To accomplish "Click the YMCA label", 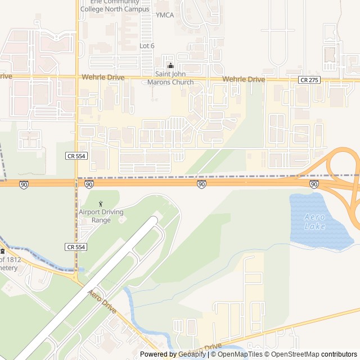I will click(x=165, y=15).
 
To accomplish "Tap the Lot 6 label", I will click(x=147, y=46).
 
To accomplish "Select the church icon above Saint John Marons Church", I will click(x=170, y=65).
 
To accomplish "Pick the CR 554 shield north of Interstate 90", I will click(x=75, y=155).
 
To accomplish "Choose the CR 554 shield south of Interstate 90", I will click(x=75, y=247).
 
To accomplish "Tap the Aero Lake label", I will click(x=314, y=221).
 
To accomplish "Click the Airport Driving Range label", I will click(x=101, y=216).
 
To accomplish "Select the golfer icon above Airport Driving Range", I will click(x=101, y=204).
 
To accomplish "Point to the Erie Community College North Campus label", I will click(x=115, y=6).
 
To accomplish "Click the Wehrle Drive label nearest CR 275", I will click(x=244, y=80).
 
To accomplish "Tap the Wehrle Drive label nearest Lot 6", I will click(x=103, y=77).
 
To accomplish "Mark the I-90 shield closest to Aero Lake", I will click(x=314, y=184).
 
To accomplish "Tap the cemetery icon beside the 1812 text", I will click(x=2, y=251).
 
